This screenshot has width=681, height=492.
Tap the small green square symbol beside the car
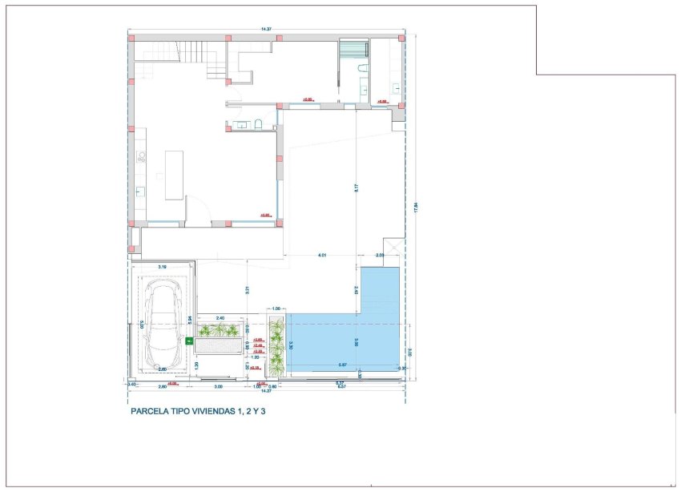click(190, 341)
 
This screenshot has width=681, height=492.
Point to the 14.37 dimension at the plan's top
click(266, 30)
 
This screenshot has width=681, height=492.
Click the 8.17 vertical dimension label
click(355, 188)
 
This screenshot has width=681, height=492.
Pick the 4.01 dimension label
click(322, 255)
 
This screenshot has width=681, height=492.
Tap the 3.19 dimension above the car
click(162, 266)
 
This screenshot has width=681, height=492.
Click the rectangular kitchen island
click(175, 174)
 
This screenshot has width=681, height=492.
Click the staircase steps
click(176, 51)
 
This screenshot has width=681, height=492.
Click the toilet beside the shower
click(362, 71)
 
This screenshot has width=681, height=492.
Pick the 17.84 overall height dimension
click(414, 207)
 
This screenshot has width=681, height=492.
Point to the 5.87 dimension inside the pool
click(343, 365)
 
